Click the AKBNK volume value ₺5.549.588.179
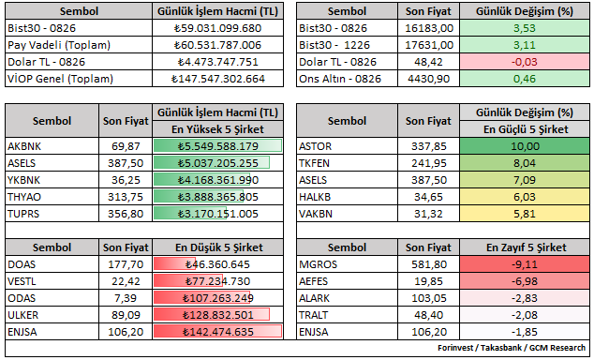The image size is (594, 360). (217, 146)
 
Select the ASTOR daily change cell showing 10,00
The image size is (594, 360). (525, 146)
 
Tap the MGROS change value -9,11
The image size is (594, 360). (525, 264)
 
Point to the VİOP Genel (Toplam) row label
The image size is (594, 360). (60, 79)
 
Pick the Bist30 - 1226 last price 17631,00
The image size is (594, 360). (429, 45)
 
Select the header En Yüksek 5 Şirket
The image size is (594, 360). (217, 129)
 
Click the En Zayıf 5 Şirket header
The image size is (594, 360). (527, 247)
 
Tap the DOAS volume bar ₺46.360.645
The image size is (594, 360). (174, 264)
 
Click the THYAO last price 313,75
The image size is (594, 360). (126, 197)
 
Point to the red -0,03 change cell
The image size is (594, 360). (525, 62)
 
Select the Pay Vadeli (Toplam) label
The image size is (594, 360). (59, 45)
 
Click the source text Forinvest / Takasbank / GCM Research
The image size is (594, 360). (512, 348)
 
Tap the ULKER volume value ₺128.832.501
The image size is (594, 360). (217, 315)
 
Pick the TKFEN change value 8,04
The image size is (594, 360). (525, 163)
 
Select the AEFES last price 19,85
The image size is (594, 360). (429, 281)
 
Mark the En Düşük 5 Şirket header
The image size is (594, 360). (218, 247)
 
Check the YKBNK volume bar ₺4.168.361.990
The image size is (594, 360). (199, 180)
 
